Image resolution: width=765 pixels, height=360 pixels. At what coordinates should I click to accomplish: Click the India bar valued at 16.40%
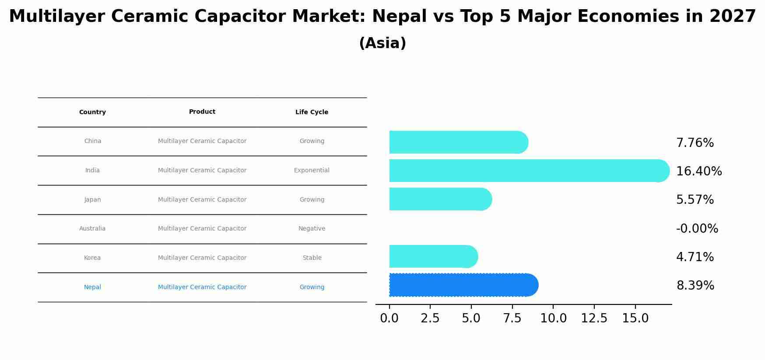click(529, 171)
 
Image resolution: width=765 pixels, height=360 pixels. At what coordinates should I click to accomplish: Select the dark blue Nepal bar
click(463, 285)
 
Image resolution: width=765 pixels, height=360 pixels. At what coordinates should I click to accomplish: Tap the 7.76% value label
click(695, 143)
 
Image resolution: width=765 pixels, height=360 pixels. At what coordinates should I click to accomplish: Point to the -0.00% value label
click(697, 228)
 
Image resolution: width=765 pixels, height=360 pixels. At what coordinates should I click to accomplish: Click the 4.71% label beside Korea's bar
click(695, 257)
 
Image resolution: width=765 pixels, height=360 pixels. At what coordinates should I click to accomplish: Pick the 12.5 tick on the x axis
click(594, 318)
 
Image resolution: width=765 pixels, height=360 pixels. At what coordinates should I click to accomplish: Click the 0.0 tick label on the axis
click(389, 318)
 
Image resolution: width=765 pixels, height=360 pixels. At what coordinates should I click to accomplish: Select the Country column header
click(92, 112)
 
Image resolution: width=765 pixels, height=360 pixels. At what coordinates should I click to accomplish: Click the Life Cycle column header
click(312, 112)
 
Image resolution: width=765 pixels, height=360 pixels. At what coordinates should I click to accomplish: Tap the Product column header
click(202, 112)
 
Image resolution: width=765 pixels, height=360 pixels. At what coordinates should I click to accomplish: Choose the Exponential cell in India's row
click(312, 171)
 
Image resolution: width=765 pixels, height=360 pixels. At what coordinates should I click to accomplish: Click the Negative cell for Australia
click(312, 229)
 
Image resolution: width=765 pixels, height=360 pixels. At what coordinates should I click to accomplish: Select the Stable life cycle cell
click(312, 258)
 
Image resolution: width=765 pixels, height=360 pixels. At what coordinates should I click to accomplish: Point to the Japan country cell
click(92, 200)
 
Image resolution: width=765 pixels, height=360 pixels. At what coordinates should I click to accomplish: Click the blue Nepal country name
click(92, 287)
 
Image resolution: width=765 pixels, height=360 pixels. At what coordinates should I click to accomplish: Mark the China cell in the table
click(92, 141)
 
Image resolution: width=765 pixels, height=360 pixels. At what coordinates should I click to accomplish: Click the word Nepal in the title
click(399, 17)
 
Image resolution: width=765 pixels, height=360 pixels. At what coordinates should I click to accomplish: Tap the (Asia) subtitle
click(382, 43)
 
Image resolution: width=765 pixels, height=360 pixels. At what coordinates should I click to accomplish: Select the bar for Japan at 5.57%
click(440, 199)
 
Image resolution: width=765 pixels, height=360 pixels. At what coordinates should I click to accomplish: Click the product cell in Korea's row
click(202, 258)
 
